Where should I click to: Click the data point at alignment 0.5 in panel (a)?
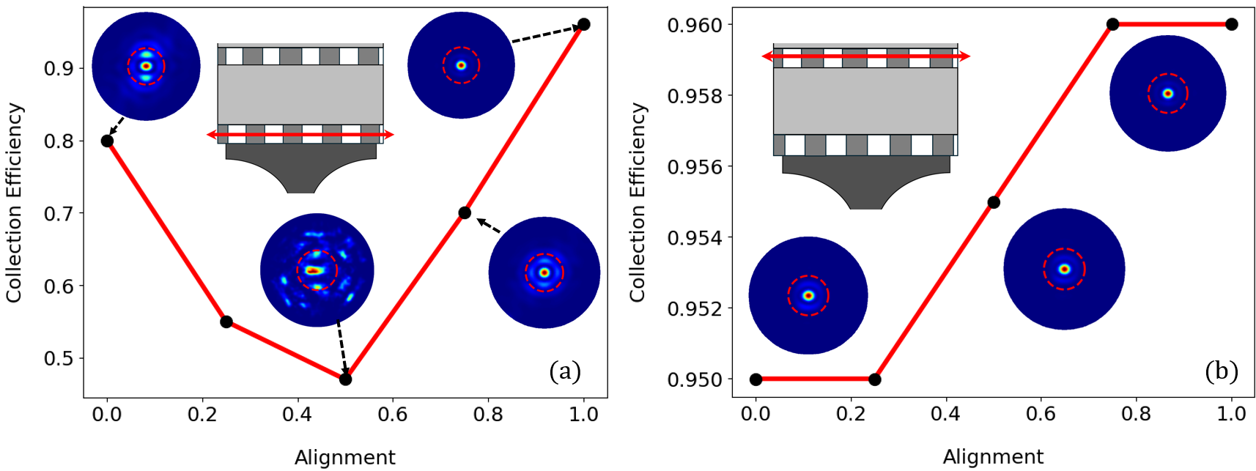click(x=345, y=379)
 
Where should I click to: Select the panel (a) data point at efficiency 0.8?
click(x=107, y=141)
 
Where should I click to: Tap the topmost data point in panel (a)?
click(x=583, y=25)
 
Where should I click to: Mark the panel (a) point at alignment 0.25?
click(x=226, y=322)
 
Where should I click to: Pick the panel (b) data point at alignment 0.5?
click(x=994, y=202)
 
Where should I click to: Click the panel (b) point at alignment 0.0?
click(x=756, y=379)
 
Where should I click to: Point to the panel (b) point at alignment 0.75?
click(x=1112, y=24)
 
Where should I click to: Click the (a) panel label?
click(x=565, y=371)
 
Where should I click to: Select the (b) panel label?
click(x=1222, y=371)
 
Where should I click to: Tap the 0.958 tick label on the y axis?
click(x=694, y=96)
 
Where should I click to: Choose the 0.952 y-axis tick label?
click(x=694, y=308)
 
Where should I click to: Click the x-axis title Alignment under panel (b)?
click(x=993, y=457)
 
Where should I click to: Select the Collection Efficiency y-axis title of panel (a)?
click(x=15, y=202)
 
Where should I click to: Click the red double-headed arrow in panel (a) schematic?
click(x=300, y=135)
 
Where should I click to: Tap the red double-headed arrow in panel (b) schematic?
click(x=866, y=56)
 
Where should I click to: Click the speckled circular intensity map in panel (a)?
click(x=317, y=270)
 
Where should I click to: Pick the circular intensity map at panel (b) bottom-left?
click(x=808, y=295)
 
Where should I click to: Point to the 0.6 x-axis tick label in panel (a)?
click(x=393, y=415)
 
